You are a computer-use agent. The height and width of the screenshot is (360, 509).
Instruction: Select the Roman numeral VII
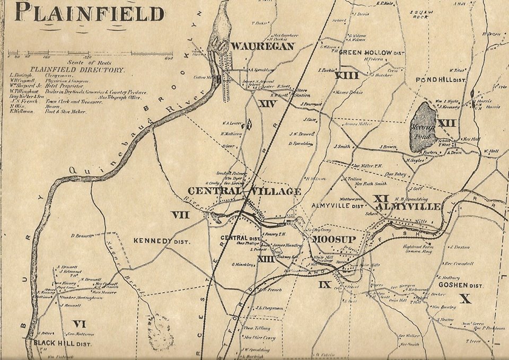pyautogui.click(x=179, y=215)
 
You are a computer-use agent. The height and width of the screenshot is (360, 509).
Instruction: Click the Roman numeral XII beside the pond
pyautogui.click(x=446, y=123)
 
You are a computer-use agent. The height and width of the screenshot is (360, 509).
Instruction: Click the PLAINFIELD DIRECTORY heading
pyautogui.click(x=77, y=70)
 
